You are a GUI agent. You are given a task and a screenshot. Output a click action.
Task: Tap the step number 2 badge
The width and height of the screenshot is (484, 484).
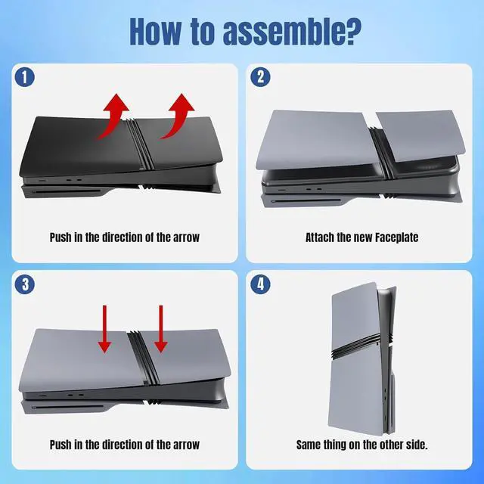coord(260,77)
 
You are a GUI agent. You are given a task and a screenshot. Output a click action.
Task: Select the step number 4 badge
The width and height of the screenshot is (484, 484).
coord(260,285)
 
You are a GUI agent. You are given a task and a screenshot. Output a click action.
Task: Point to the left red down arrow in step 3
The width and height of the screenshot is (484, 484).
coord(104,330)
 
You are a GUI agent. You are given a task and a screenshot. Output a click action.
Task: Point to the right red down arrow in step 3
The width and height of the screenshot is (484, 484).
coord(161,330)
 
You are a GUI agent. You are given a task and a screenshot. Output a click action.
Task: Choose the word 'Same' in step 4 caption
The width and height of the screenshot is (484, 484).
coord(310,445)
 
